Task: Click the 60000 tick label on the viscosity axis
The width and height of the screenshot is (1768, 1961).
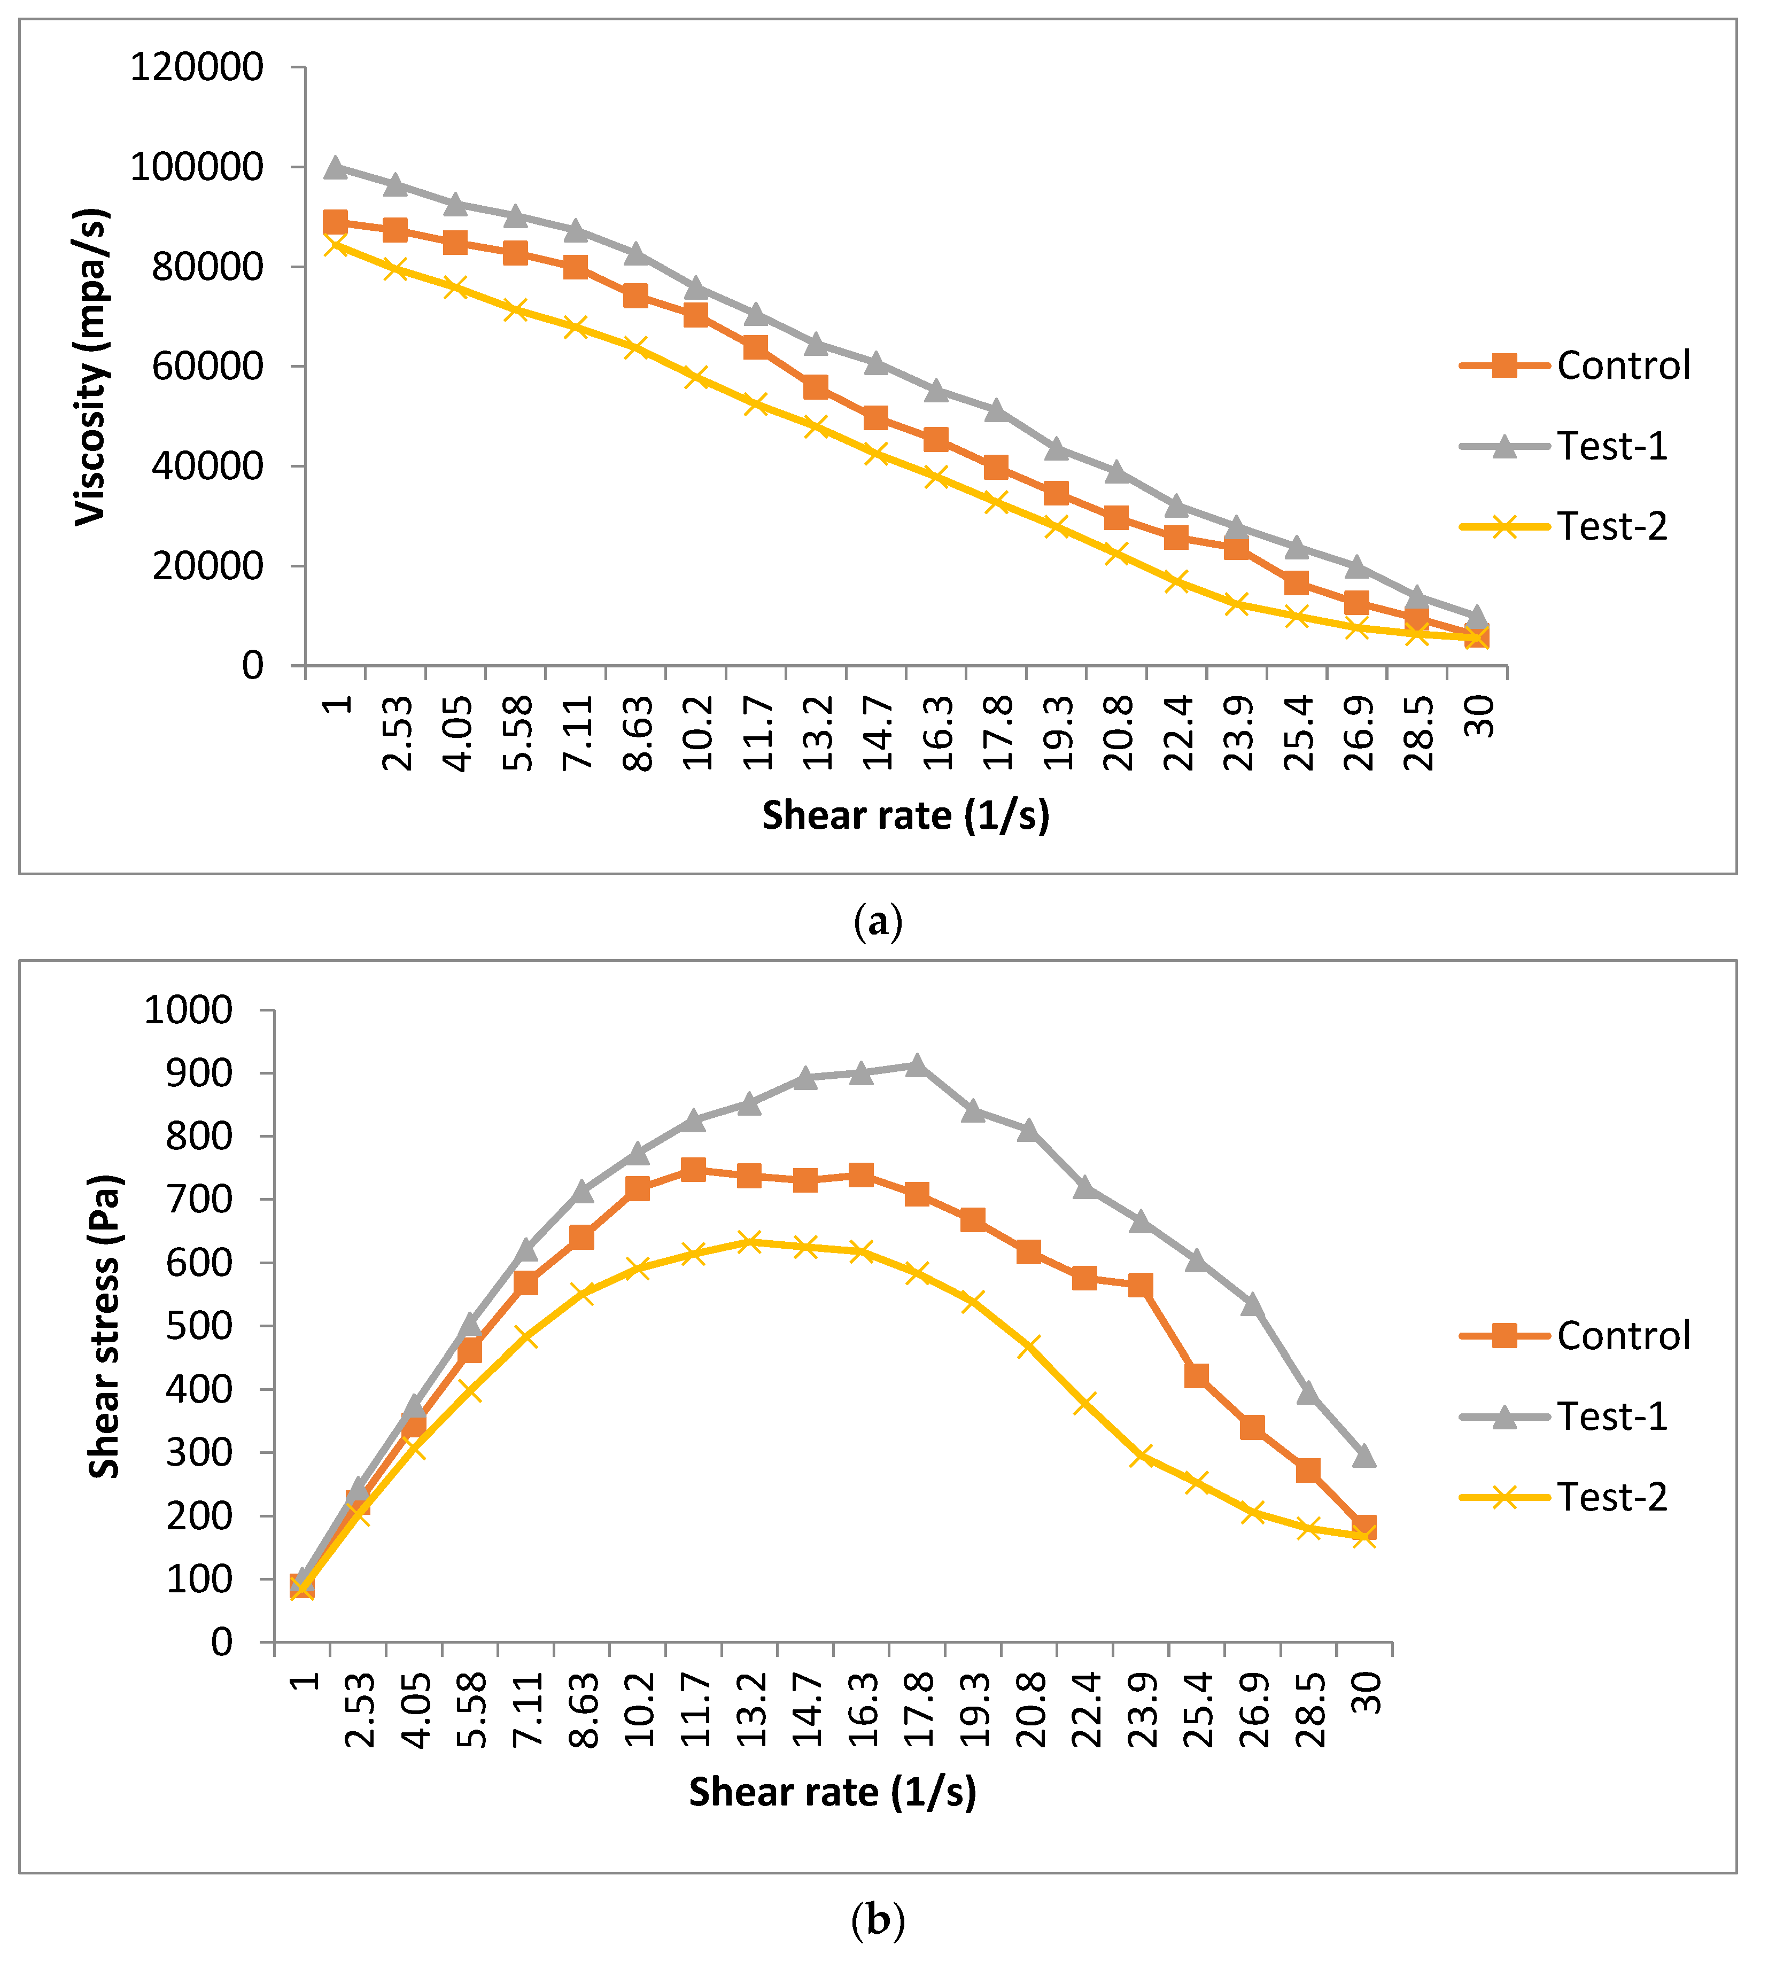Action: click(207, 366)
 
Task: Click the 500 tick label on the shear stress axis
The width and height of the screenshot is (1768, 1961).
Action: click(199, 1326)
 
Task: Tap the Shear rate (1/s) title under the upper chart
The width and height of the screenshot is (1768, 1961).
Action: click(905, 815)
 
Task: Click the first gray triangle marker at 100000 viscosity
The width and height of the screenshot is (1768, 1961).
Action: click(335, 167)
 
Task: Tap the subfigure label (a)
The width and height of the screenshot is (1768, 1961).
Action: click(877, 921)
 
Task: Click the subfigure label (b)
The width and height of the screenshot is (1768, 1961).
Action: click(877, 1919)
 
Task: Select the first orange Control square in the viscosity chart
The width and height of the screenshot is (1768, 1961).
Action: click(335, 222)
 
